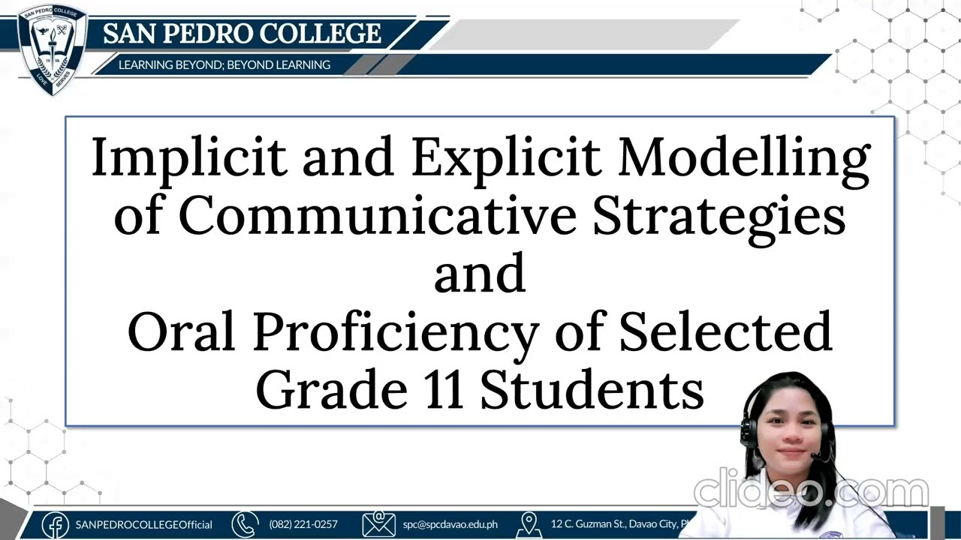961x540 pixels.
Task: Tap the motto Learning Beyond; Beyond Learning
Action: pos(224,65)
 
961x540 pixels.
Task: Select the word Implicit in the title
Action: pos(188,158)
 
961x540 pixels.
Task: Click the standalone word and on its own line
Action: pos(479,273)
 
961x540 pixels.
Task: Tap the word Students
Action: pos(592,390)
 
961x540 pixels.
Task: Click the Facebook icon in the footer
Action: pos(56,524)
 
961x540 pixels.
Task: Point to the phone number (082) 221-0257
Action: pos(303,524)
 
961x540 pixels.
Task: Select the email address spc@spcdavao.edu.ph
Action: pos(450,524)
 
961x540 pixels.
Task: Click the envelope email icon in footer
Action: pos(378,524)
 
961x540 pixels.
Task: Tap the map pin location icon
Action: pos(529,524)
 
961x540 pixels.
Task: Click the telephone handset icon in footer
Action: pos(245,524)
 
